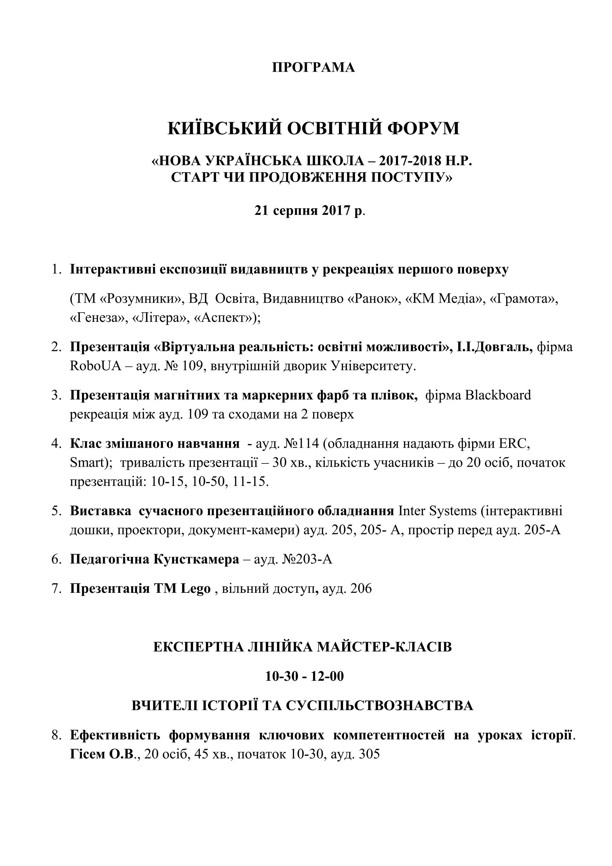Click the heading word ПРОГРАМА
tap(313, 68)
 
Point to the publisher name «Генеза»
tap(97, 318)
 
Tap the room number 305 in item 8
tap(370, 754)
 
